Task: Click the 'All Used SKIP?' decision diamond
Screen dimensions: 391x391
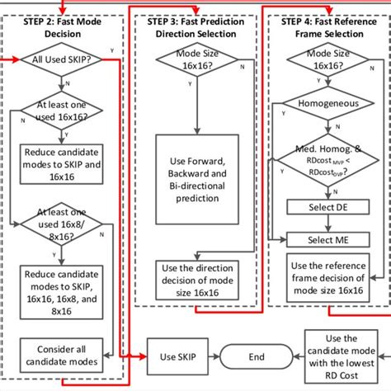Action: pyautogui.click(x=62, y=60)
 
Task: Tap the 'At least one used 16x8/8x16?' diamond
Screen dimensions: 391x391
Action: pyautogui.click(x=62, y=221)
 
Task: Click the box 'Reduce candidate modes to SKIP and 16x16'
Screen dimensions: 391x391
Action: pyautogui.click(x=62, y=162)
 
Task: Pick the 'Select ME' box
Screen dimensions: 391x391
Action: pyautogui.click(x=326, y=239)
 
